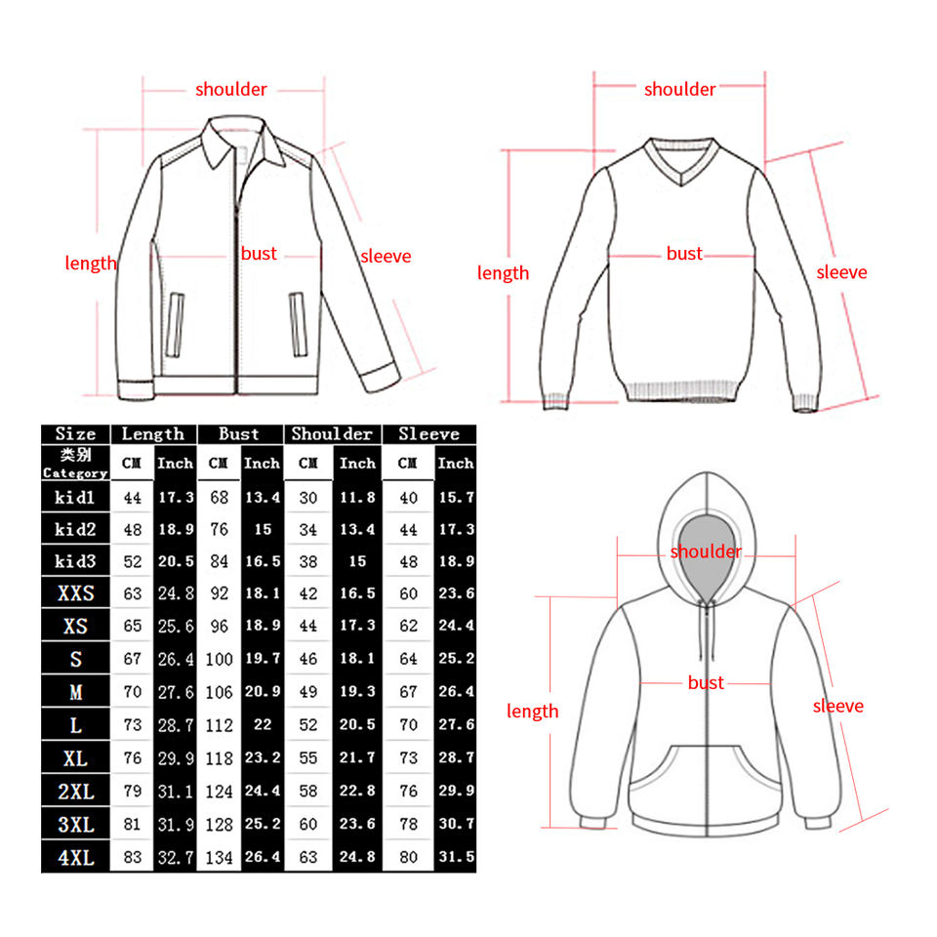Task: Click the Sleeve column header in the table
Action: click(x=428, y=434)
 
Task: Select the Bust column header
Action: click(x=239, y=434)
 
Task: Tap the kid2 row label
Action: click(x=75, y=529)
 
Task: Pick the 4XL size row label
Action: click(x=75, y=858)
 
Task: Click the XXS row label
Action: click(x=75, y=593)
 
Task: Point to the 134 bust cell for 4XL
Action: click(x=219, y=858)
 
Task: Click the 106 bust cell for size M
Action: click(x=219, y=692)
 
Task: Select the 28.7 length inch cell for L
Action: click(x=176, y=725)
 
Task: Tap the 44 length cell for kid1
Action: click(x=133, y=498)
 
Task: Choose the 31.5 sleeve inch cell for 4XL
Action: click(x=456, y=858)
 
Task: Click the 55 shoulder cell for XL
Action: click(x=308, y=757)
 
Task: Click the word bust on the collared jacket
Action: click(x=259, y=254)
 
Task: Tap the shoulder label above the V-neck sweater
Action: click(x=679, y=90)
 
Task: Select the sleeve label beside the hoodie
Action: click(x=838, y=706)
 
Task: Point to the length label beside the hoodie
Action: click(x=532, y=712)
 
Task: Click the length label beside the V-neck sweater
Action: click(x=503, y=273)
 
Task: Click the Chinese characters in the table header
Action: click(x=75, y=455)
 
